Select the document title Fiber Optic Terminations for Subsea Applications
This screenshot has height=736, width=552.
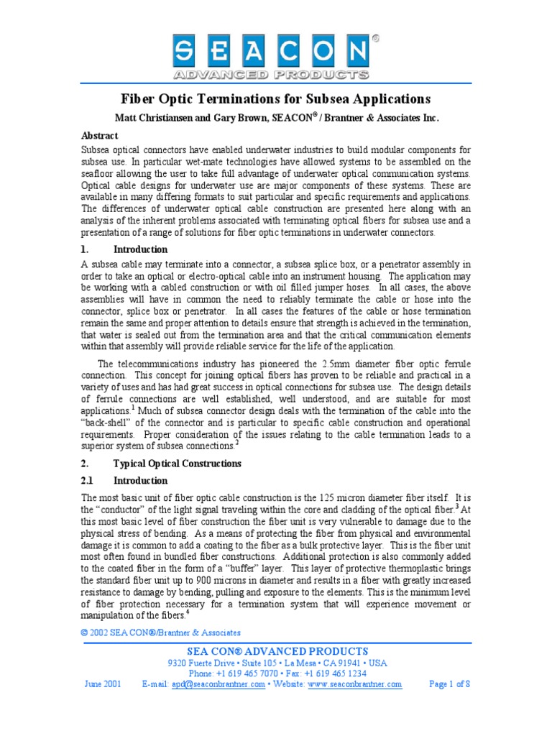pos(275,99)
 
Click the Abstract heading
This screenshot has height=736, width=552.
pos(100,135)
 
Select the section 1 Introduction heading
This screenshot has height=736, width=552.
pos(140,249)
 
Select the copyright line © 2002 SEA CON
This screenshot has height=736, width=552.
pos(161,632)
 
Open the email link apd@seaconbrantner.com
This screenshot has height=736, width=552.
pos(218,684)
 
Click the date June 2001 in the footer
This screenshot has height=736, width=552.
pos(102,684)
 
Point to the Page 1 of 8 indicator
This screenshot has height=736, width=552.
pos(449,684)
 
